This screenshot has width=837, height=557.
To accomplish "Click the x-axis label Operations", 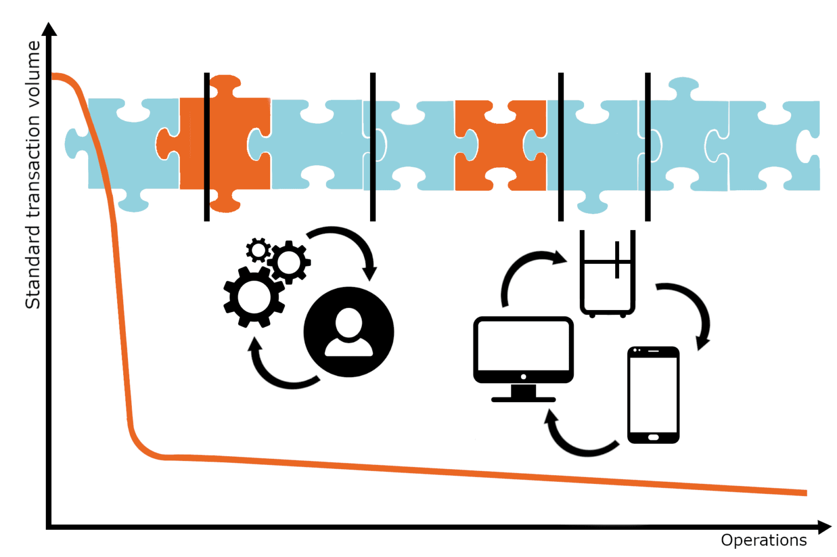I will coord(763,540).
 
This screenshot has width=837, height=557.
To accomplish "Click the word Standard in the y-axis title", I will coord(33,267).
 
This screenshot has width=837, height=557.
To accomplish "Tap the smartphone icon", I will coord(653,395).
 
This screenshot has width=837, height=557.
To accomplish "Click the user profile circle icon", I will coord(349,332).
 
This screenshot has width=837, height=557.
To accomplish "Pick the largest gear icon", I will coord(254,297).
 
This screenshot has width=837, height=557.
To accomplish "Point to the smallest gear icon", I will coord(258,250).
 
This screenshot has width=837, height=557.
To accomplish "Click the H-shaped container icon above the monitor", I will coord(607,273).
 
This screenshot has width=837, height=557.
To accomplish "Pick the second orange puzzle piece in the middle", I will coord(500,145).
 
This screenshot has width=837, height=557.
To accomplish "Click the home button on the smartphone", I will coord(653,437).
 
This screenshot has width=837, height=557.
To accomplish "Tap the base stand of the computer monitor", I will coord(523,399).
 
